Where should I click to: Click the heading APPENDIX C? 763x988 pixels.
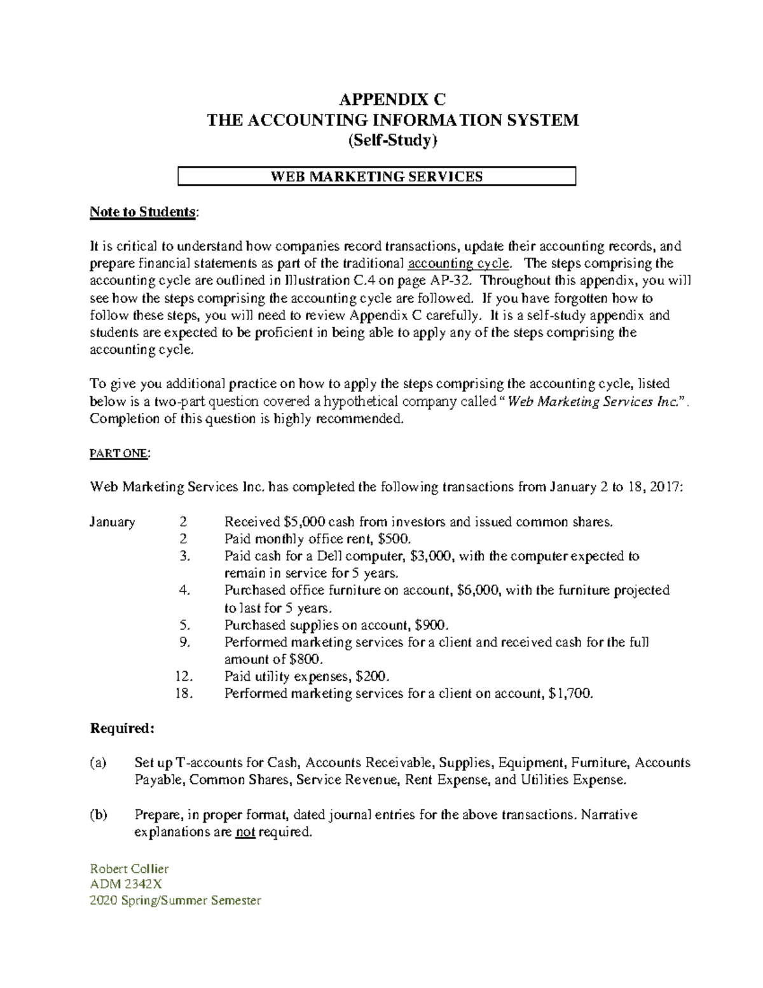click(392, 100)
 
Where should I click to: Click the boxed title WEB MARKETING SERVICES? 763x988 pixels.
click(376, 176)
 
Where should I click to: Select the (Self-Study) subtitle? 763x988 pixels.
click(392, 141)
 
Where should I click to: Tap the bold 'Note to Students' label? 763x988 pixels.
click(142, 212)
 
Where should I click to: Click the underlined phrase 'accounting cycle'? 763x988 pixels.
click(458, 263)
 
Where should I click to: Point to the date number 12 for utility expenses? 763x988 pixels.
click(182, 676)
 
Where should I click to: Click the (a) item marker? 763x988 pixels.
click(99, 762)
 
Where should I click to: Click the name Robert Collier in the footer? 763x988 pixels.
click(129, 868)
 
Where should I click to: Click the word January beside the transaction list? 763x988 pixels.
click(112, 522)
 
